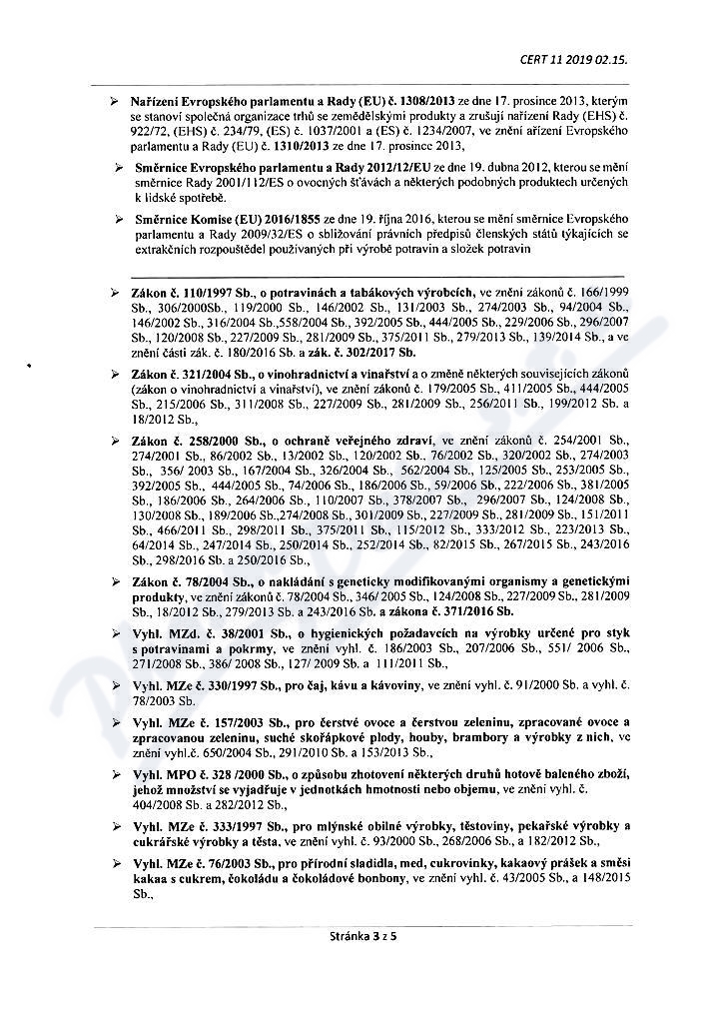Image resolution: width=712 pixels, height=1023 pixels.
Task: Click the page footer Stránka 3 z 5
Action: point(356,936)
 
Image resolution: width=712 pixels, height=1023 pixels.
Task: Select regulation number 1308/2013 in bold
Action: point(422,102)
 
